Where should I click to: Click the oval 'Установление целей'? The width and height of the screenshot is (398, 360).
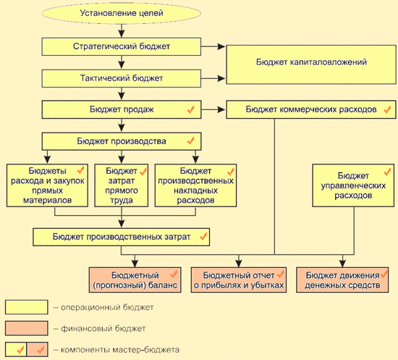coord(122,13)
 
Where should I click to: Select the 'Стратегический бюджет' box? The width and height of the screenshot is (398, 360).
coord(122,46)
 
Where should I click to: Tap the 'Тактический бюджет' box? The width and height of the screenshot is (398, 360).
coord(122,78)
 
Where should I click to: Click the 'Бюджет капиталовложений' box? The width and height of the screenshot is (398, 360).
coord(311,64)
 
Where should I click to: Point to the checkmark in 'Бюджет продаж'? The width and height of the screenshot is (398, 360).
coord(190,109)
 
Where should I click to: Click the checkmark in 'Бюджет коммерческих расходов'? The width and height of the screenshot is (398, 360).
coord(387,109)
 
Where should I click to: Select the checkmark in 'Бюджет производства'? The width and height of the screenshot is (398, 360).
coord(190,141)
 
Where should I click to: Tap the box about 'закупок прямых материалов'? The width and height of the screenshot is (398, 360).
coord(47,185)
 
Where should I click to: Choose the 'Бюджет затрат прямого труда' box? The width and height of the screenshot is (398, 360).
coord(122,185)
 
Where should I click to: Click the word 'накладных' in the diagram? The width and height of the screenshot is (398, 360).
coord(195,191)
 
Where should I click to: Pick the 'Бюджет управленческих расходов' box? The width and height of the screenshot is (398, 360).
coord(353,185)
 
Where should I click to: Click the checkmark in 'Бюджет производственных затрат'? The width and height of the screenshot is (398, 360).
coord(203,237)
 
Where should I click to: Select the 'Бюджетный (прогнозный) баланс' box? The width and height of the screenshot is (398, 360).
coord(135,280)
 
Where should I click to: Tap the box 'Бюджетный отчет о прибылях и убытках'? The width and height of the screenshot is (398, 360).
coord(239,280)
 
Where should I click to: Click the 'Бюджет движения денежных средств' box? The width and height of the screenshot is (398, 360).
coord(342,280)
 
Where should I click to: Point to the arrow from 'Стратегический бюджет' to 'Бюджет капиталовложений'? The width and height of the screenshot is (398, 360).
coord(213,46)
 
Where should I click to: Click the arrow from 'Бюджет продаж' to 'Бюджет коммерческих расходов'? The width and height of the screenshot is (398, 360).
coord(213,110)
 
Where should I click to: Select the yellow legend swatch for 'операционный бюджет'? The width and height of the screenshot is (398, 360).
coord(26,307)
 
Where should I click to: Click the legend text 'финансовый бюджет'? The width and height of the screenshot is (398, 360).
coord(103,329)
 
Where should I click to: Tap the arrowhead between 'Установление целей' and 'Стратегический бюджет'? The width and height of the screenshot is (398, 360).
coord(122,34)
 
